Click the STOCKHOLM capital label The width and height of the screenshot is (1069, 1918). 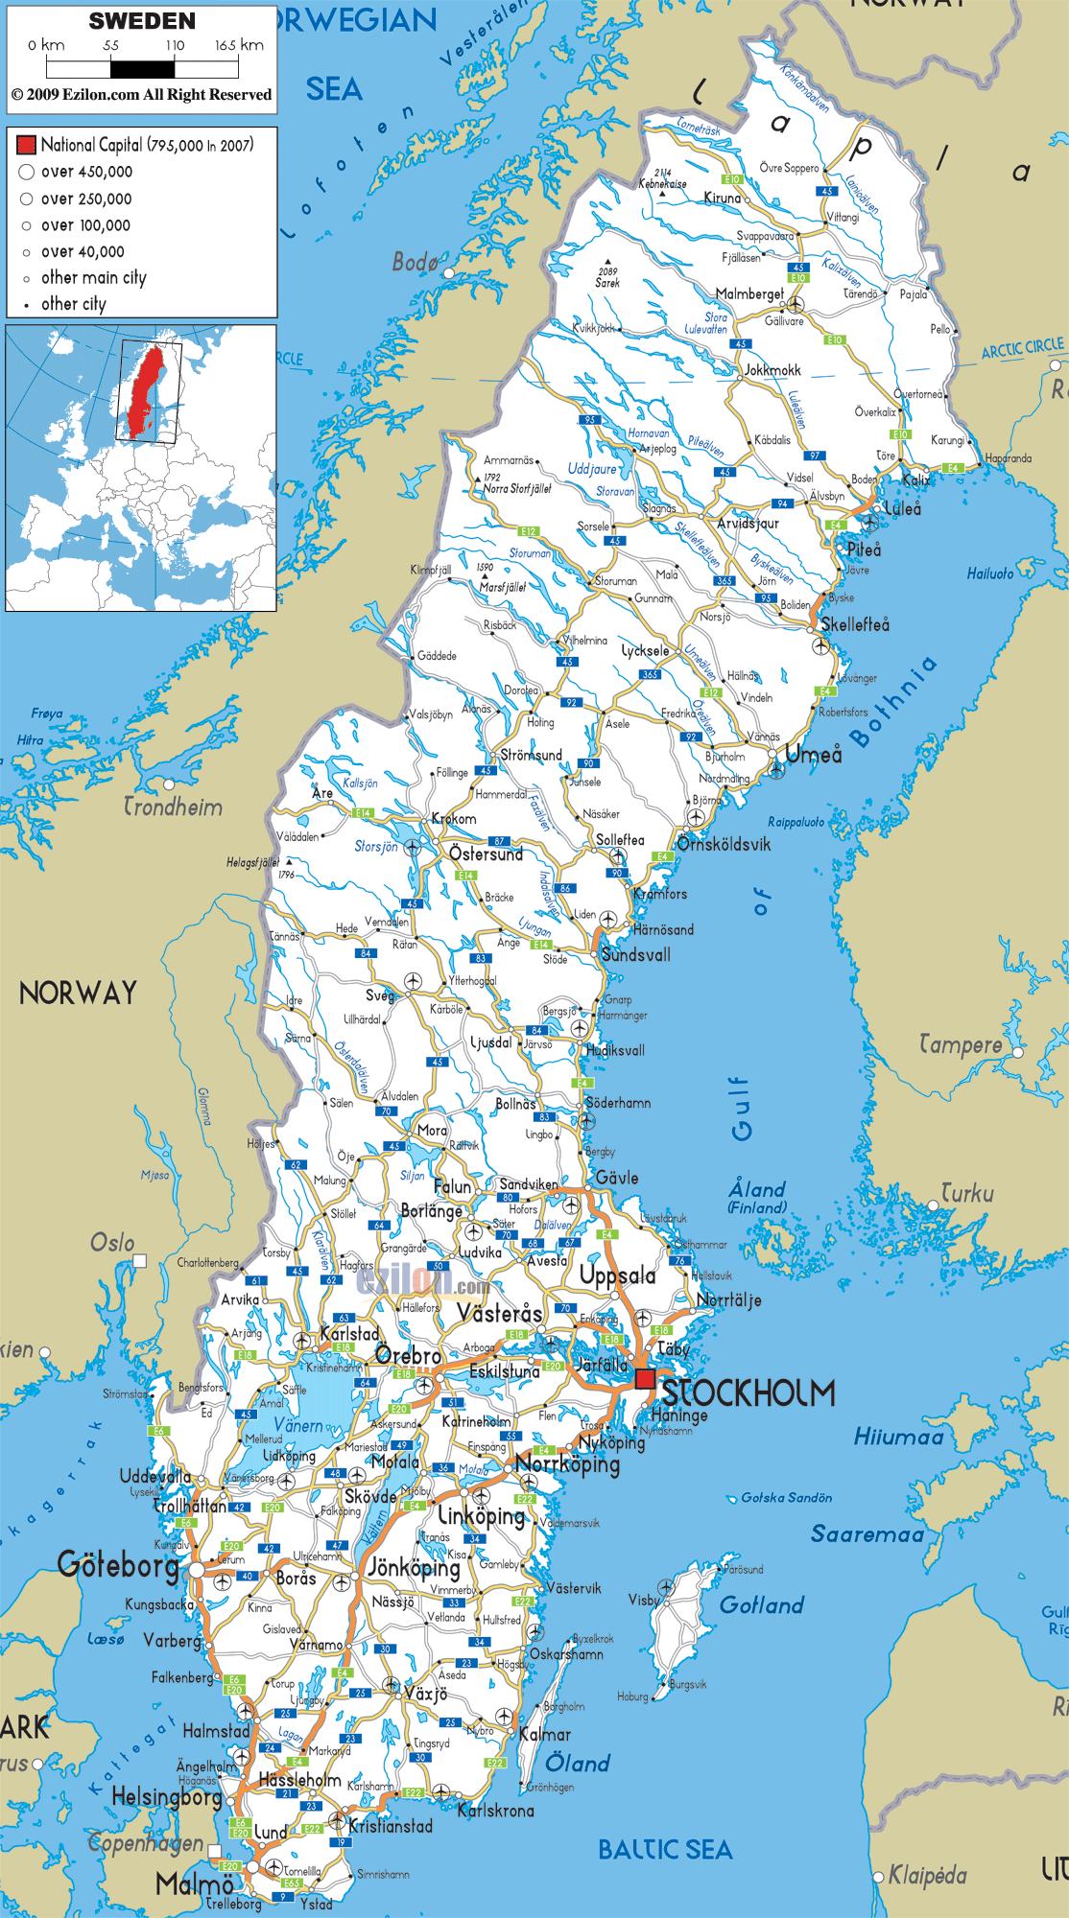748,1392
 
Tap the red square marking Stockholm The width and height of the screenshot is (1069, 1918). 645,1379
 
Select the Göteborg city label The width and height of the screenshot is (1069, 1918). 118,1566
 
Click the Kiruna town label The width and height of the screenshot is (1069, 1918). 723,198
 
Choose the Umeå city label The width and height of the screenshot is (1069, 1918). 814,755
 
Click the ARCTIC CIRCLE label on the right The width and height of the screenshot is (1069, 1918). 1023,347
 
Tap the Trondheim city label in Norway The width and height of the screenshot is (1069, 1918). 174,807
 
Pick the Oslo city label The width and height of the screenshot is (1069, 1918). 112,1243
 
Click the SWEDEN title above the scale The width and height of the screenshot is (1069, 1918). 142,20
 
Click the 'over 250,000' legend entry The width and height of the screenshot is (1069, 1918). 86,199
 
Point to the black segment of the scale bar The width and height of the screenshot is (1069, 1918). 142,69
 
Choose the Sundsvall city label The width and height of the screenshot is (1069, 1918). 635,955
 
